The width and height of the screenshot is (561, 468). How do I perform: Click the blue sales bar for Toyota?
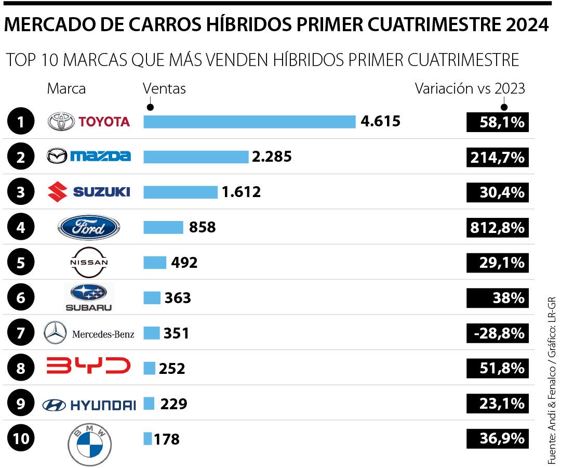coord(249,122)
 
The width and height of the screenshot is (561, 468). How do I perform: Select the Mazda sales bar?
coord(196,157)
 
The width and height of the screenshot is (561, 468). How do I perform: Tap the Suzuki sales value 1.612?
coord(241,192)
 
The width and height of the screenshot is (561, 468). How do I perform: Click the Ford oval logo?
coord(89,227)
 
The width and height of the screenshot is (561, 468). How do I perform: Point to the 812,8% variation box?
coord(497,228)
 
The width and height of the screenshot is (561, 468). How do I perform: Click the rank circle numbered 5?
coord(21,263)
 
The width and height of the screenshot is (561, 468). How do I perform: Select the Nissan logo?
coord(89,262)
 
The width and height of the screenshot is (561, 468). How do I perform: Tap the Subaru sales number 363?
coord(178,298)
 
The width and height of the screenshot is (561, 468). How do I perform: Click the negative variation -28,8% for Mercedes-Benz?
coord(497,333)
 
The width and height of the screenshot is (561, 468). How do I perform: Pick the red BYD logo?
coord(89,366)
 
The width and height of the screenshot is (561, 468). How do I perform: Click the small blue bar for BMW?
coord(148,439)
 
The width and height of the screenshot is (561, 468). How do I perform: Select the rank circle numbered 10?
coord(21,439)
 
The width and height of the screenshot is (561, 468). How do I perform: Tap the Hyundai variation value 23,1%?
coord(497,404)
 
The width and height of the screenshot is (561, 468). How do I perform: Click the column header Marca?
coord(66,89)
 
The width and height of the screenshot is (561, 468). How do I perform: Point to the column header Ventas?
coord(164,89)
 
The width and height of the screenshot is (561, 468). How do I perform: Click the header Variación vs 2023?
coord(470,89)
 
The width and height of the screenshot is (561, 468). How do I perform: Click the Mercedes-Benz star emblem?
coord(55,333)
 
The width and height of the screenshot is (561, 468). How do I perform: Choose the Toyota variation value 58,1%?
coord(497,122)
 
